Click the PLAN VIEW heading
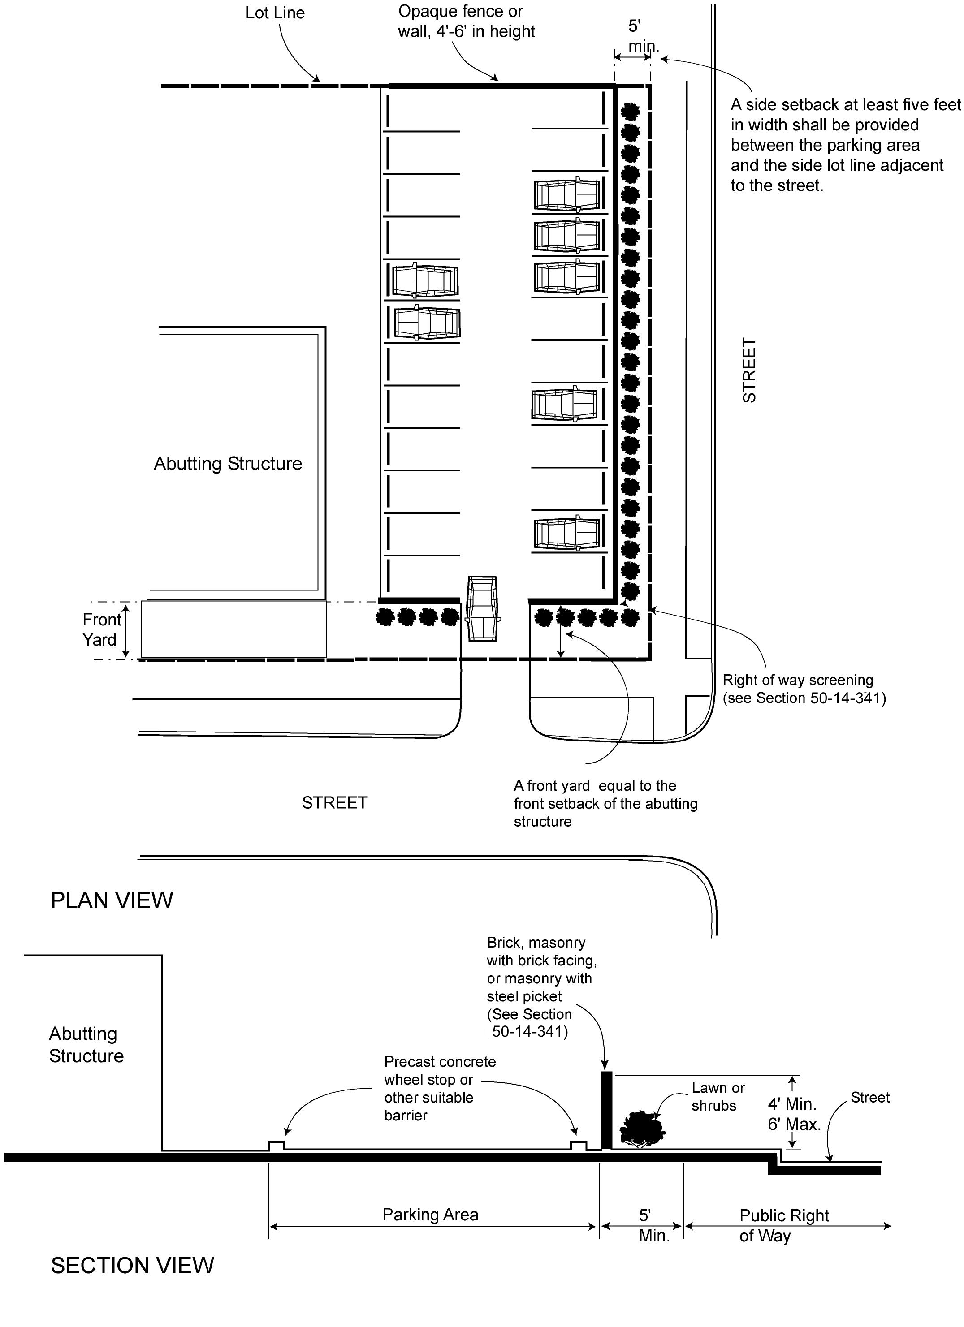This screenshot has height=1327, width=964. pos(112,900)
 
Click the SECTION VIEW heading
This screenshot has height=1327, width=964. pos(132,1265)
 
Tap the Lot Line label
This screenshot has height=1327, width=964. pos(275,13)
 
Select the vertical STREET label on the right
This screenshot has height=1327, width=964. pos(749,370)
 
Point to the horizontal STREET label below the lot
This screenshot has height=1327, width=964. pos(335,802)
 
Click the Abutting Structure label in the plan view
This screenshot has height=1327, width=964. pos(228,463)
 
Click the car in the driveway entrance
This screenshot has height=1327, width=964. pos(483,608)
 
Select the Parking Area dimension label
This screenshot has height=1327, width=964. pos(430,1215)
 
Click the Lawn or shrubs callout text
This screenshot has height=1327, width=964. pos(718,1096)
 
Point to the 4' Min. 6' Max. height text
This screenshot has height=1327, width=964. pos(794,1113)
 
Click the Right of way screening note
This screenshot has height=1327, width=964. pos(804,689)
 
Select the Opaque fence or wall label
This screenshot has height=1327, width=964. pos(467,21)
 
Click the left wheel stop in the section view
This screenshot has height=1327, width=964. pos(276,1146)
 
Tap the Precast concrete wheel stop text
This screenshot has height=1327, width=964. pos(440,1088)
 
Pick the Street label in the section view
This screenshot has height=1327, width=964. pos(870,1097)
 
